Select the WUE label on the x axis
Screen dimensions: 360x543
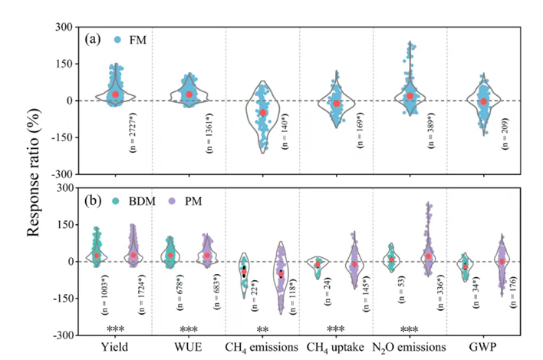click(x=189, y=347)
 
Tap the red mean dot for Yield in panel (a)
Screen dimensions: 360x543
click(x=115, y=94)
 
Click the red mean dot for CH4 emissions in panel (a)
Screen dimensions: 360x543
click(x=262, y=113)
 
